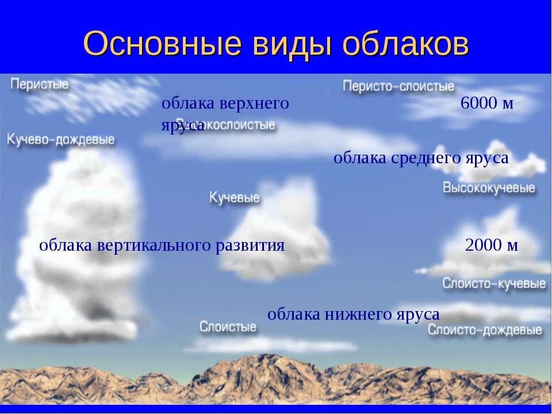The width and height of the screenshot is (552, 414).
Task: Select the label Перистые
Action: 40,85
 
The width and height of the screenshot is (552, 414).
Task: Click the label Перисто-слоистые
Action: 399,86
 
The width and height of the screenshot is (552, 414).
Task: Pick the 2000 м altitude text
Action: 491,246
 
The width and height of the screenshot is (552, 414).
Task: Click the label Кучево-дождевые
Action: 61,139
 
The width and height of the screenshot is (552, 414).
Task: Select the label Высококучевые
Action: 489,188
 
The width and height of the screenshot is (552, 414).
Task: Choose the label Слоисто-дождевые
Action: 484,331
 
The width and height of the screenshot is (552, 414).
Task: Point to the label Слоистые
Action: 228,327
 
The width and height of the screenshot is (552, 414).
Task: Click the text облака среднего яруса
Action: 421,158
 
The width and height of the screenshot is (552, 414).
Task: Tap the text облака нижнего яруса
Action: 354,314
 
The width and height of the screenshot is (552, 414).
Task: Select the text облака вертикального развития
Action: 162,246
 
